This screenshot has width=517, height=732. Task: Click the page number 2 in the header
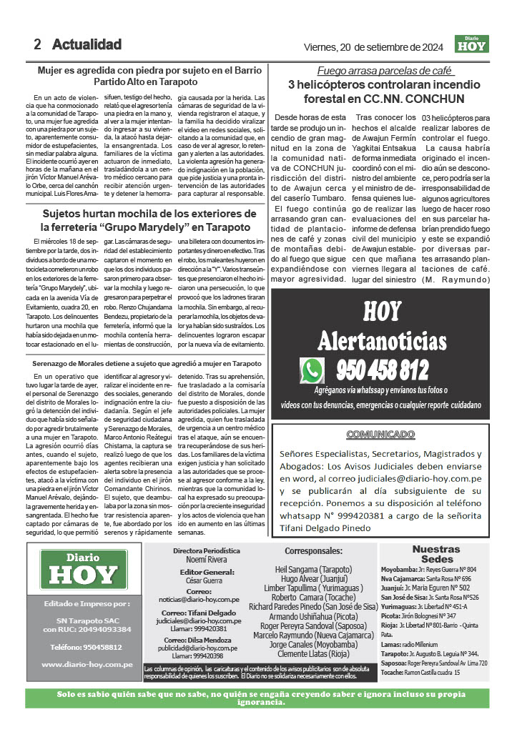[37, 44]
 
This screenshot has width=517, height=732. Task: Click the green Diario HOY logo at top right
[471, 44]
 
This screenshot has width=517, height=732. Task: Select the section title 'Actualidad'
[87, 44]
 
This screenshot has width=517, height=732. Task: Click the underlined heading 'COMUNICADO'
[400, 434]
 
